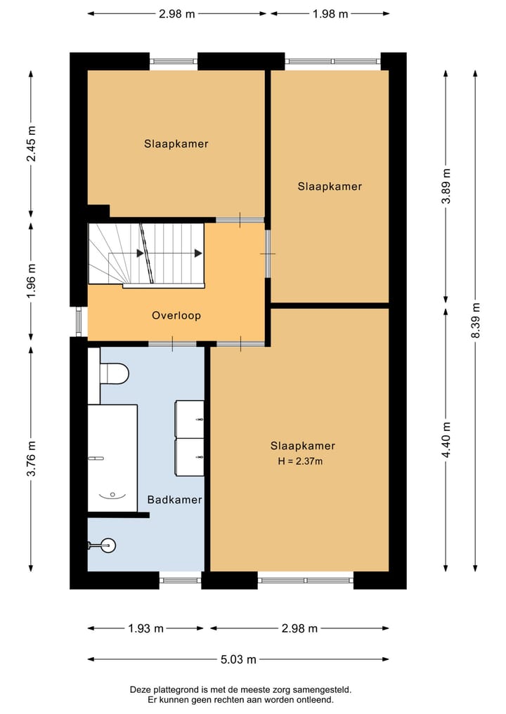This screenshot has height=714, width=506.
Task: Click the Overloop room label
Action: click(x=176, y=315)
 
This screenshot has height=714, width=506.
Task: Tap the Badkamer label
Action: click(x=174, y=500)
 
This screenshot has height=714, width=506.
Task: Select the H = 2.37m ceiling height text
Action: click(x=300, y=461)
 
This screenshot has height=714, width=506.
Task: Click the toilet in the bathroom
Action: click(x=114, y=373)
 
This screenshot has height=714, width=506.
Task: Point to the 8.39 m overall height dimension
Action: click(x=475, y=321)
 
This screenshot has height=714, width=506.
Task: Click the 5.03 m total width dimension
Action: click(x=238, y=659)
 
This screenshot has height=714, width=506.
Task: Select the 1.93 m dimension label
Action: click(x=146, y=628)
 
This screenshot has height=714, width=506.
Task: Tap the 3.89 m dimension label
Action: click(x=446, y=186)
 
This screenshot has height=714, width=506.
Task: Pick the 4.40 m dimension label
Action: click(x=446, y=440)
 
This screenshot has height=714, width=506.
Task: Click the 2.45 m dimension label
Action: click(x=31, y=144)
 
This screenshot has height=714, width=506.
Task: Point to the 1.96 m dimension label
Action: click(x=31, y=281)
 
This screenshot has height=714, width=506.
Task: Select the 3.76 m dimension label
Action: click(x=31, y=458)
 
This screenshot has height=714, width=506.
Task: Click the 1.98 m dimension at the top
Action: click(x=330, y=14)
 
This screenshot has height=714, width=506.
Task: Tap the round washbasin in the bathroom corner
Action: click(x=108, y=545)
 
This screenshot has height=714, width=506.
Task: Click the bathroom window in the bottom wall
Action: click(x=180, y=580)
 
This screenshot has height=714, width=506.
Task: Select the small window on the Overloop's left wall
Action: click(x=79, y=322)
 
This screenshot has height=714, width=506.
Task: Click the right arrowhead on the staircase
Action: click(x=198, y=253)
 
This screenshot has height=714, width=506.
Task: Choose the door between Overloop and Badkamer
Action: click(x=172, y=344)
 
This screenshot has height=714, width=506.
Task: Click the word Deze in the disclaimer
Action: click(x=140, y=690)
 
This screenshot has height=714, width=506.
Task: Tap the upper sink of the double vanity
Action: click(x=190, y=418)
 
